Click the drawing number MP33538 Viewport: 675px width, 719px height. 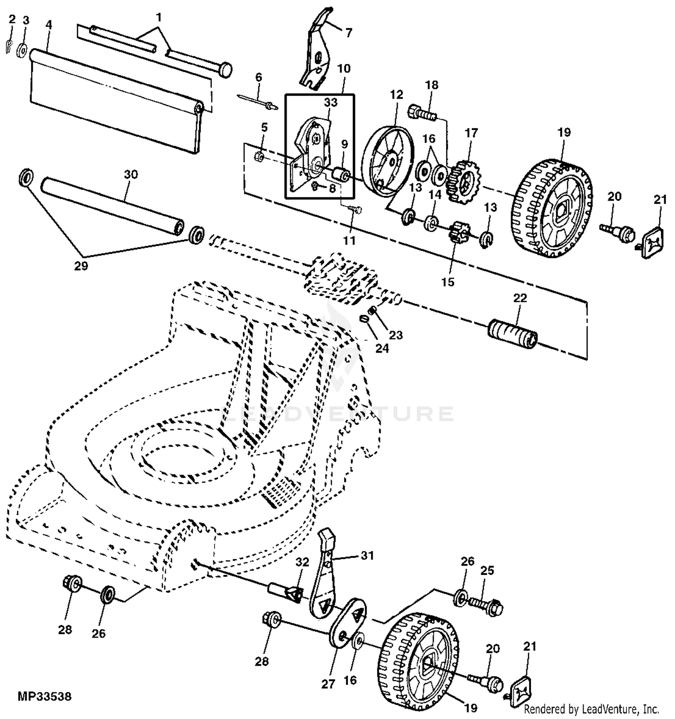[x=45, y=697]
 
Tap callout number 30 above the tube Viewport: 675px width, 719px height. [x=130, y=174]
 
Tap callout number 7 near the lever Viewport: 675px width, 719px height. [x=349, y=32]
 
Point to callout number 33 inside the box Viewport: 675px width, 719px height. [x=330, y=102]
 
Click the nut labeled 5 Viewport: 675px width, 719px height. [x=259, y=157]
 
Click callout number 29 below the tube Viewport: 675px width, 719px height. [x=81, y=266]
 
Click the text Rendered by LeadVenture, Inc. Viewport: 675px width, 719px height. [x=591, y=710]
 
